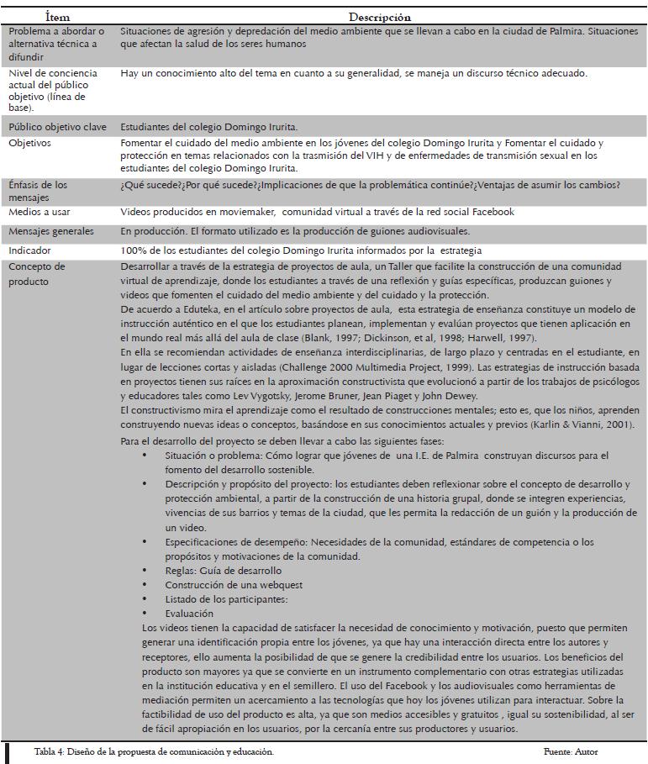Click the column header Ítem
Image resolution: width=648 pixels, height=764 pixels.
58,17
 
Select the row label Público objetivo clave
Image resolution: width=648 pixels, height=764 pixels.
57,126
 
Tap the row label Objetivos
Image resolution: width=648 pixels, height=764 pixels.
29,144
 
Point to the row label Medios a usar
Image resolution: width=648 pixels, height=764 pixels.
40,213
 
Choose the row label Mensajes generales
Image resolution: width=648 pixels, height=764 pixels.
51,231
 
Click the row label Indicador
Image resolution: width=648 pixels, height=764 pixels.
29,250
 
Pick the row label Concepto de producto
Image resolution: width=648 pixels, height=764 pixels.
37,274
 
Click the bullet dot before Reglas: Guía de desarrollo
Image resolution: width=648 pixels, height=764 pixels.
145,571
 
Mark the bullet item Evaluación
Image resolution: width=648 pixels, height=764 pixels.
189,614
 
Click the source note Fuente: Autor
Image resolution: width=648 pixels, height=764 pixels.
570,751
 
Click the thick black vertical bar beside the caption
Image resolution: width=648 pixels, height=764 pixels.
6,751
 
